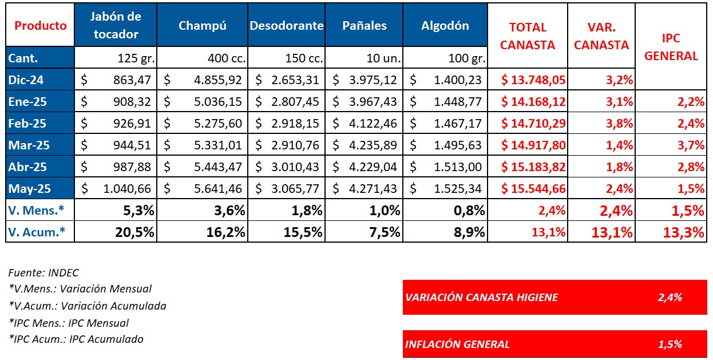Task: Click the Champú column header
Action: tap(203, 26)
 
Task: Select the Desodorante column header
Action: tap(287, 26)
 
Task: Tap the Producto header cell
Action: tap(40, 26)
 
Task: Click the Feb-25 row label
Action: tap(27, 123)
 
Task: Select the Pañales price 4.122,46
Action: tap(373, 123)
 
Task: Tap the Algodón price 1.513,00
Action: tap(458, 167)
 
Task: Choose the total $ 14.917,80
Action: tap(533, 145)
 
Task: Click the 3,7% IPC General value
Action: tap(693, 145)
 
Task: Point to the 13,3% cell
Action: tap(685, 232)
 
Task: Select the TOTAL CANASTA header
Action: tap(528, 36)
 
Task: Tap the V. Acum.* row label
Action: tap(36, 232)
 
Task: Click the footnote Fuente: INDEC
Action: tap(43, 273)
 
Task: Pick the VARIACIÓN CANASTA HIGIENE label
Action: tap(481, 297)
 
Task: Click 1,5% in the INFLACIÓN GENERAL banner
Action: tap(670, 345)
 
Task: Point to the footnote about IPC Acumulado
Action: tap(76, 339)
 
